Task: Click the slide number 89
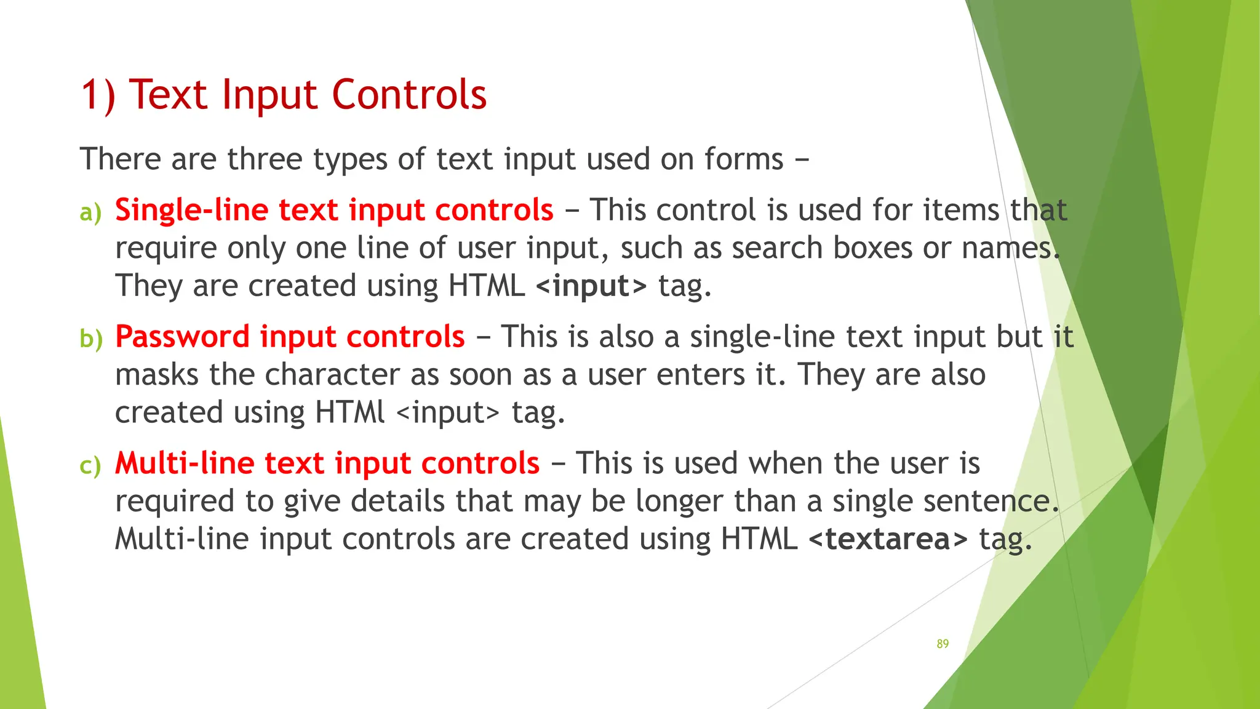point(943,644)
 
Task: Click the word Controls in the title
point(409,95)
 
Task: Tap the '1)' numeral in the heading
point(98,96)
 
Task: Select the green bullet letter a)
point(90,213)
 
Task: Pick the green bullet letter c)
point(90,466)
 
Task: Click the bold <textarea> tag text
point(888,539)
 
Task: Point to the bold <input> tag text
point(591,286)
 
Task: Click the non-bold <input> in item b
point(448,412)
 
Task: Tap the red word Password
point(182,337)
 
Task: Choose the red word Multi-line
point(185,463)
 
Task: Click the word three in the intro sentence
point(265,159)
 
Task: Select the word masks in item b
point(157,375)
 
